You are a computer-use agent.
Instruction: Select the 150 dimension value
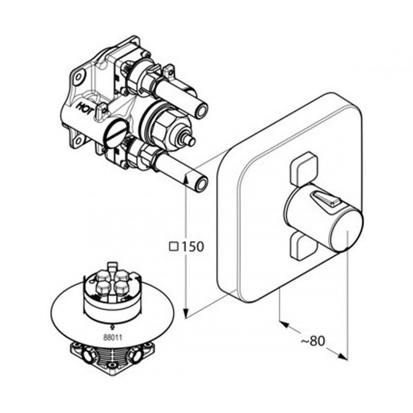(193, 247)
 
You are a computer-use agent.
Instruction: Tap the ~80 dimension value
(313, 341)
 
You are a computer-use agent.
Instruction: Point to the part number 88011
(113, 337)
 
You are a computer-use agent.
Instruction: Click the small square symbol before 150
(174, 247)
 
